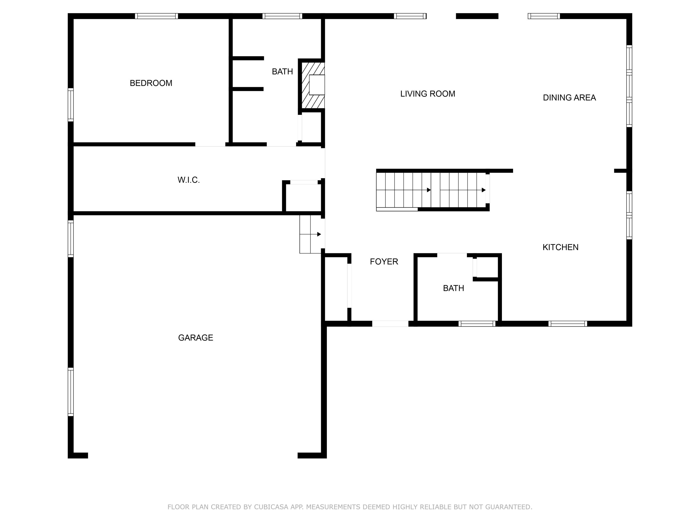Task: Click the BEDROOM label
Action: (x=151, y=83)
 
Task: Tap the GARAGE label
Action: (x=196, y=338)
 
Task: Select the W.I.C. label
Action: (x=189, y=180)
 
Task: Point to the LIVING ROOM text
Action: (x=427, y=94)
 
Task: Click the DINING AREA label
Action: (x=569, y=98)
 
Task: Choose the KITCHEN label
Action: (x=560, y=248)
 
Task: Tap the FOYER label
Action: (x=384, y=262)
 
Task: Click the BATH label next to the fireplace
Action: (x=282, y=72)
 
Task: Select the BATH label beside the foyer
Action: (x=453, y=288)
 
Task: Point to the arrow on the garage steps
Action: (x=319, y=234)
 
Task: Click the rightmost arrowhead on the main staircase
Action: (x=483, y=190)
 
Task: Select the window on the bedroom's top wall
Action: (x=156, y=16)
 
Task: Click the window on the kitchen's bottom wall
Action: (x=567, y=323)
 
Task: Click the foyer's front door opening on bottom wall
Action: (x=390, y=323)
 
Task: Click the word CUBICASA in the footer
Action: (x=271, y=507)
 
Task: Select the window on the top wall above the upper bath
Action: (x=282, y=16)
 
